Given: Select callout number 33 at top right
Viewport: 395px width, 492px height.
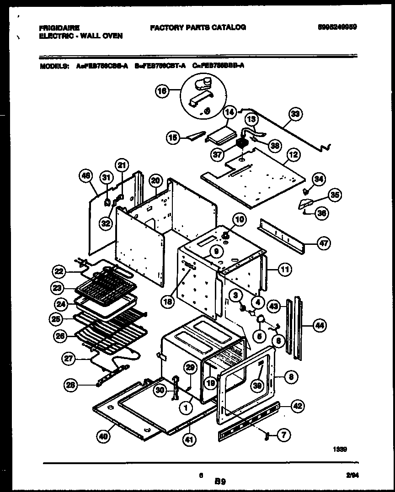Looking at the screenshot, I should point(296,114).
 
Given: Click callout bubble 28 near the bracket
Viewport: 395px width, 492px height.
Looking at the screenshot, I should point(70,385).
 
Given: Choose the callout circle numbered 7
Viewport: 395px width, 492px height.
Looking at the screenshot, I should point(283,435).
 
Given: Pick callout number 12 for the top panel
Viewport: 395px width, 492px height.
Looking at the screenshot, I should point(293,155).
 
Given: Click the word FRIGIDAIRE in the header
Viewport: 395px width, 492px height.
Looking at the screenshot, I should point(59,27).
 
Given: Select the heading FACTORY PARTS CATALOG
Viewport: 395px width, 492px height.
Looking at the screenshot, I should point(198,27).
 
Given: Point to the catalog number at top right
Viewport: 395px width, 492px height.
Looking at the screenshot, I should point(337,27).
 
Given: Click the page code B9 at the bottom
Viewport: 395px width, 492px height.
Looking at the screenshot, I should point(220,481).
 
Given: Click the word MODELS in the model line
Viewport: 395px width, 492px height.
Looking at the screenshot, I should point(55,65).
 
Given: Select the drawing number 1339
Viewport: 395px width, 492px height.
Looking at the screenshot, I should point(340,449).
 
